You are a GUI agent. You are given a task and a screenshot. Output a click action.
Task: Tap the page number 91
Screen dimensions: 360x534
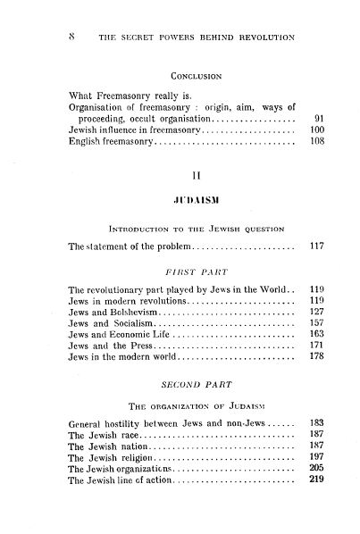[x=320, y=117]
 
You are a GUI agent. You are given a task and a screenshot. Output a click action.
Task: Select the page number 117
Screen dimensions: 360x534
[x=318, y=271]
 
